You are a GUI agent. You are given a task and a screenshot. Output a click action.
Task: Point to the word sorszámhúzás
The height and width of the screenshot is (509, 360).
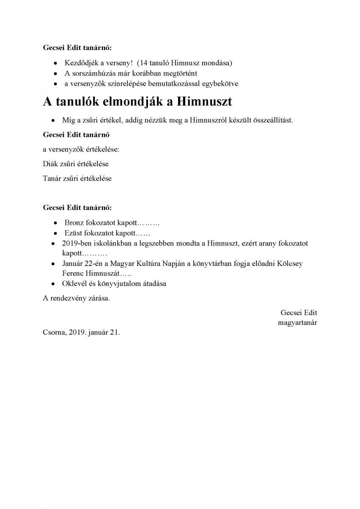point(91,73)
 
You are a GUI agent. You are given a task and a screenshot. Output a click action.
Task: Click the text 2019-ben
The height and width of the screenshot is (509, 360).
point(75,243)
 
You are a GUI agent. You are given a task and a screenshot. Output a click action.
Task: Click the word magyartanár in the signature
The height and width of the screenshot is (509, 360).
point(298,323)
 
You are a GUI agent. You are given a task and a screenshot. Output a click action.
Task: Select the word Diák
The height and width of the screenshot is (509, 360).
point(50,163)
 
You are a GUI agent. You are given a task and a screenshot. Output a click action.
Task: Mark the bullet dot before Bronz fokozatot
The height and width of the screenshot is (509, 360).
point(56,223)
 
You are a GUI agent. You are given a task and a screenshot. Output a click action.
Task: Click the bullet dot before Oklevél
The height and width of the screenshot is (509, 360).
point(53,284)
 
